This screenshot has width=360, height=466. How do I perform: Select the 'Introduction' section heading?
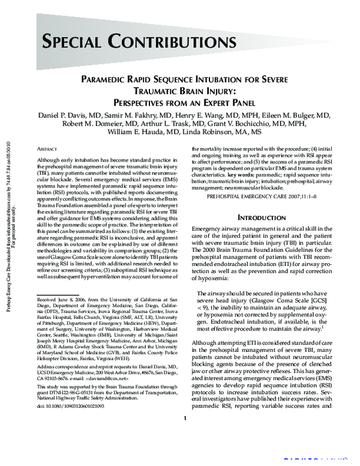pos(262,217)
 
